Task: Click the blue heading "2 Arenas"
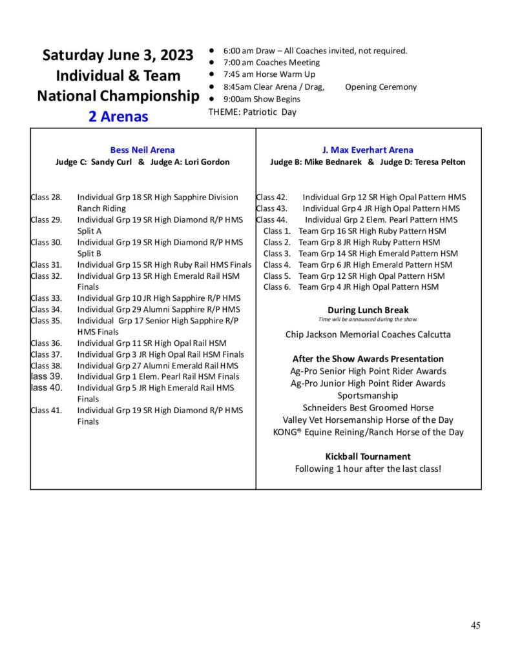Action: (118, 117)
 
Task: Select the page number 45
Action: (475, 625)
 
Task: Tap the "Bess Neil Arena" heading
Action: (142, 150)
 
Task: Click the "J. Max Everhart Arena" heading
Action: (368, 150)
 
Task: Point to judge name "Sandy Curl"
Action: (112, 162)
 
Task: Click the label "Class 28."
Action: (47, 197)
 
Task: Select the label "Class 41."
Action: (47, 411)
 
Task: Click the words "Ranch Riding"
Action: (101, 208)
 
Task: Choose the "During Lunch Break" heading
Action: (368, 310)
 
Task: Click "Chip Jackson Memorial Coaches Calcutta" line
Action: (368, 334)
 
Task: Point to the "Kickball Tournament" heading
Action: (368, 456)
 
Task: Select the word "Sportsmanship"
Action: (368, 395)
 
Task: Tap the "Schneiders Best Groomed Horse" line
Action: (368, 407)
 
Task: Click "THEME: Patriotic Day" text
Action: (252, 112)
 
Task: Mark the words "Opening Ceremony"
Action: (381, 87)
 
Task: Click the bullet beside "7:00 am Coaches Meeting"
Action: (212, 63)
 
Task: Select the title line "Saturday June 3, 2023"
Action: (118, 56)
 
